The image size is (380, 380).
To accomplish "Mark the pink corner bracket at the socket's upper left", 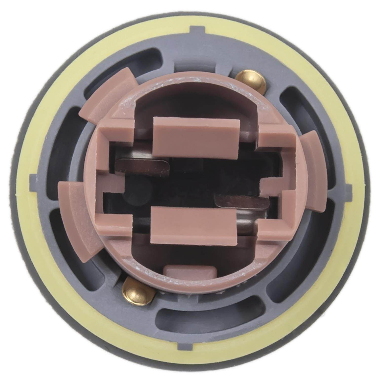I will tap(114, 134).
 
